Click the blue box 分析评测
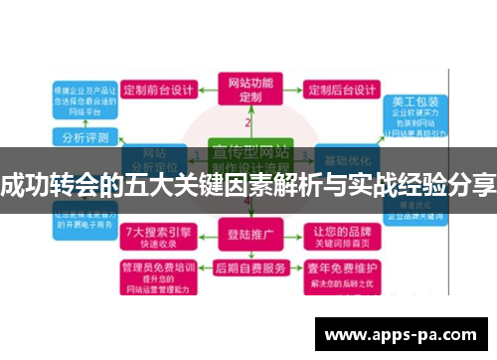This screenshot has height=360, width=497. click(85, 136)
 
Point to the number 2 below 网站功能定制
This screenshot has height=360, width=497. click(248, 121)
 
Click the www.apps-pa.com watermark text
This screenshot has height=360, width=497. click(402, 334)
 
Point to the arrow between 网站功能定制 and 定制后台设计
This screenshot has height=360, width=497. click(289, 90)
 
